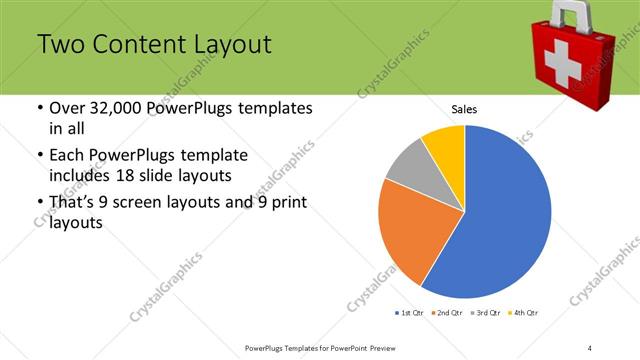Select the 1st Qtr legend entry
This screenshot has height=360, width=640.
click(410, 313)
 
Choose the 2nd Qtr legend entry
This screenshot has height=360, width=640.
click(448, 313)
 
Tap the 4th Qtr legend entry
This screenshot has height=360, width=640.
click(525, 313)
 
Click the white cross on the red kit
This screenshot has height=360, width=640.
click(565, 63)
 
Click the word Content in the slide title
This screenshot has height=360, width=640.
click(132, 45)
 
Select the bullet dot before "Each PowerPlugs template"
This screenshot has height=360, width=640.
click(39, 156)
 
